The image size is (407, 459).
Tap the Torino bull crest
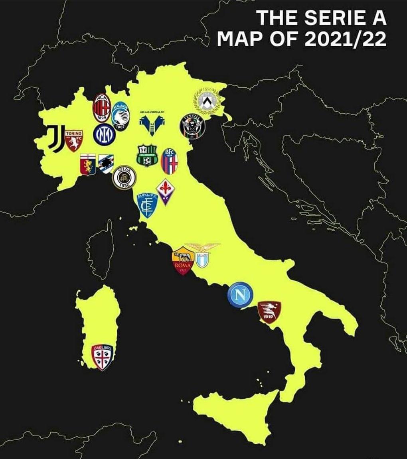coord(73,140)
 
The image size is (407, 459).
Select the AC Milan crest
coord(101,108)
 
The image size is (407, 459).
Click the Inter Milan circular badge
coord(104,134)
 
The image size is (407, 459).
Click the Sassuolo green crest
coord(145,156)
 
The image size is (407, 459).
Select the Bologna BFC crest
coord(169,161)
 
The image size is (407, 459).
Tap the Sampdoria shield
coord(106,163)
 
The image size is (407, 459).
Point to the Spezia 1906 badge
coord(124,178)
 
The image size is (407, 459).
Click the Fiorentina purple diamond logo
coord(164,191)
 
